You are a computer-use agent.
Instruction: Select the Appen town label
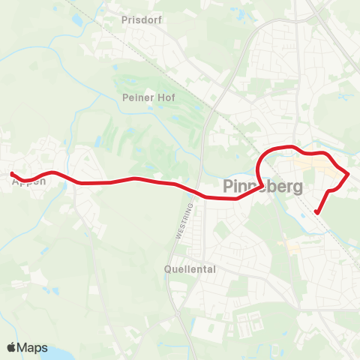coord(28,181)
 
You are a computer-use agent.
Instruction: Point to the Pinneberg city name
coord(263,187)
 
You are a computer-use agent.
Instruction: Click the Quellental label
coord(190,268)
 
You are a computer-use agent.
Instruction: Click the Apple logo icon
coord(12,348)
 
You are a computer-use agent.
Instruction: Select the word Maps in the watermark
coord(33,348)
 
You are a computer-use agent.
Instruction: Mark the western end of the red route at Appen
coord(12,174)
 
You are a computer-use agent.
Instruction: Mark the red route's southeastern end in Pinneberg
coord(316,212)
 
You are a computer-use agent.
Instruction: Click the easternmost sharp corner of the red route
coord(348,174)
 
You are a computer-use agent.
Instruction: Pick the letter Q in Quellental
coord(169,268)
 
